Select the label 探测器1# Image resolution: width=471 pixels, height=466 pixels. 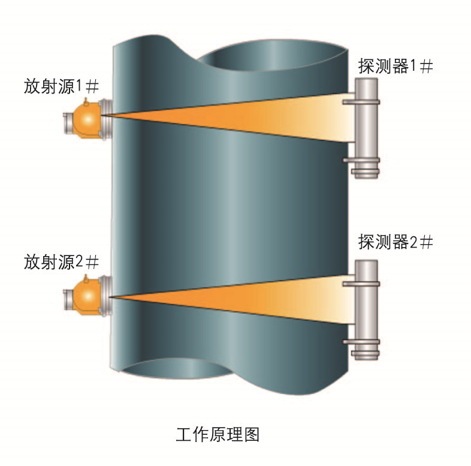click(395, 67)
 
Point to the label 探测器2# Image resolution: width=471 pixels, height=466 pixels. click(395, 243)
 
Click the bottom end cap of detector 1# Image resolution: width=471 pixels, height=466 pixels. click(366, 174)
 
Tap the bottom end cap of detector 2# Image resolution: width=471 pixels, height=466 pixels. click(366, 355)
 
